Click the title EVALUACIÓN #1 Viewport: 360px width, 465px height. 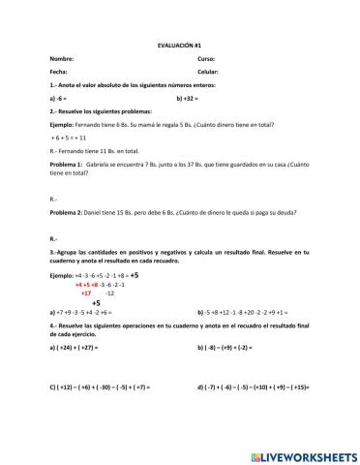[x=179, y=46]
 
